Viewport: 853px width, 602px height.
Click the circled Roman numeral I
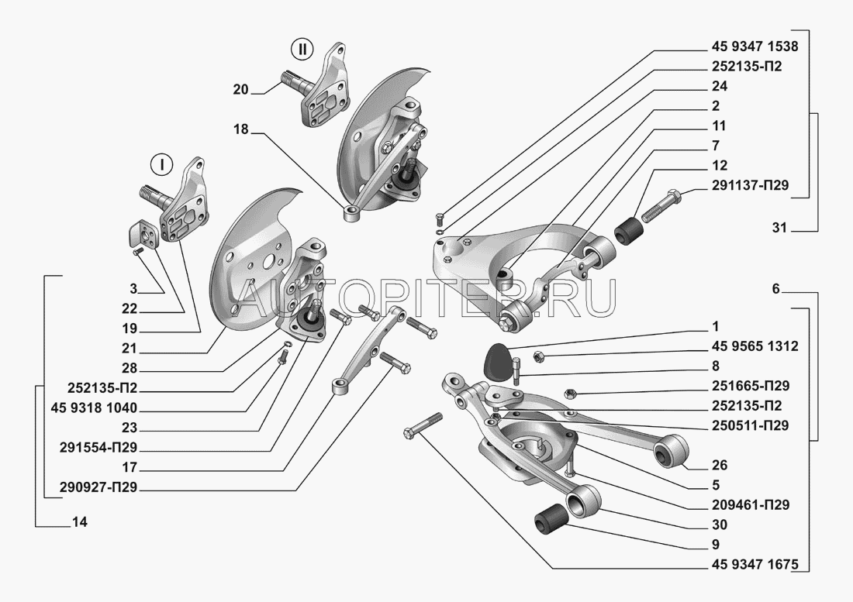(x=161, y=165)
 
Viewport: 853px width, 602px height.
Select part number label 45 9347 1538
(x=755, y=46)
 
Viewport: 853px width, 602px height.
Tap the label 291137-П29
(x=750, y=186)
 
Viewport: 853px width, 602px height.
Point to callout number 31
(x=779, y=229)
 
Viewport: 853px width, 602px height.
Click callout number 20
(x=240, y=90)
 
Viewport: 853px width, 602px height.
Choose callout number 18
(x=240, y=129)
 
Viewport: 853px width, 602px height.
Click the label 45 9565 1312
(x=755, y=346)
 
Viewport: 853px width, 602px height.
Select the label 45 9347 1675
(x=755, y=565)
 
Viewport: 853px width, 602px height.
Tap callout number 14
(x=79, y=523)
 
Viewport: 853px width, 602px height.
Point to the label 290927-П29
(x=98, y=488)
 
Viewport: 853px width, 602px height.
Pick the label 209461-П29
(x=750, y=505)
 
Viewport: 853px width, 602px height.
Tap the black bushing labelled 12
(x=629, y=229)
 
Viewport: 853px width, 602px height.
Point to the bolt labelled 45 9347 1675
(x=423, y=425)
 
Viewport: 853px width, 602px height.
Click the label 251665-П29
(x=750, y=387)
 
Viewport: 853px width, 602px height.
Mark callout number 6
(x=775, y=289)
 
